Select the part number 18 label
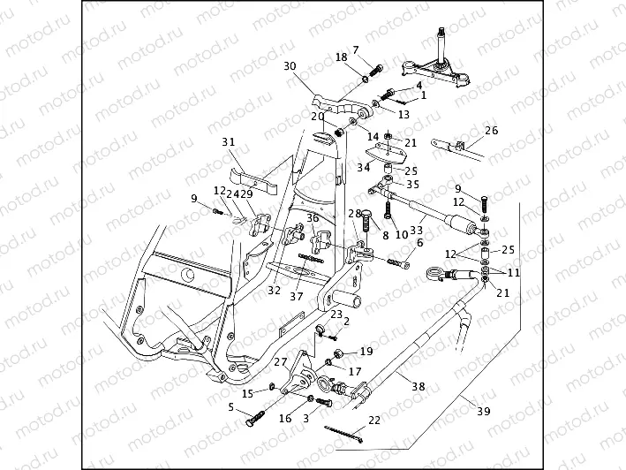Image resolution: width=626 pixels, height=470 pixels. pyautogui.click(x=341, y=57)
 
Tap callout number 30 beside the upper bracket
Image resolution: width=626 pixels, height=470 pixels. pyautogui.click(x=290, y=66)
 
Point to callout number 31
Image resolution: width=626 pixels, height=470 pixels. pyautogui.click(x=229, y=142)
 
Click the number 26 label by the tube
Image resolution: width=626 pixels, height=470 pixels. pyautogui.click(x=492, y=131)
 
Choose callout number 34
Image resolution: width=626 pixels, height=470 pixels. pyautogui.click(x=364, y=168)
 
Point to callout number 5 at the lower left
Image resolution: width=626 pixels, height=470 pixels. pyautogui.click(x=231, y=407)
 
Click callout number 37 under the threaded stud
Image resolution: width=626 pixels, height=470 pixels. pyautogui.click(x=297, y=297)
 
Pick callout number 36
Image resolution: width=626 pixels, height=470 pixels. pyautogui.click(x=312, y=217)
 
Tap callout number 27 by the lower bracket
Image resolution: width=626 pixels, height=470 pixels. pyautogui.click(x=280, y=362)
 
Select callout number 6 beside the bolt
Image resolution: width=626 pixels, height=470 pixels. pyautogui.click(x=419, y=242)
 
